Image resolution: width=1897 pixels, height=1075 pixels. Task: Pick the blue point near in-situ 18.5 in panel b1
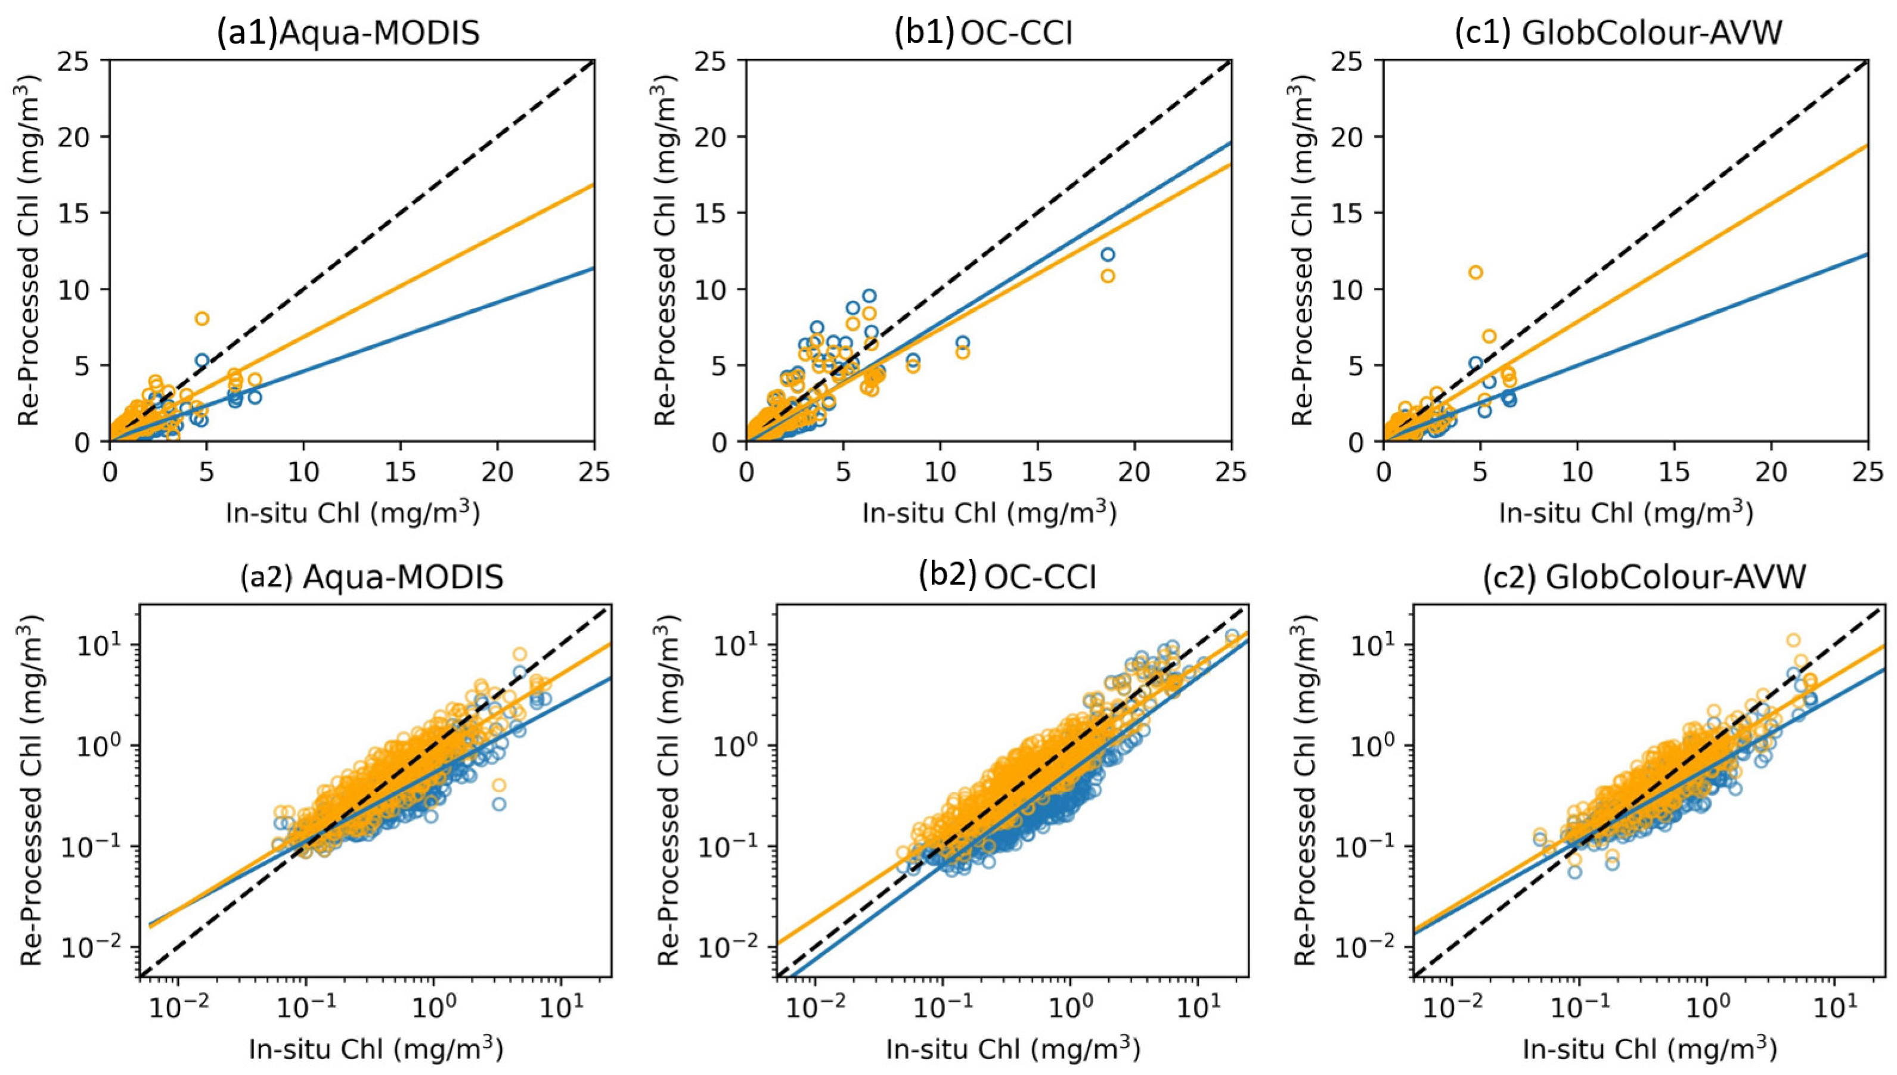pyautogui.click(x=1107, y=254)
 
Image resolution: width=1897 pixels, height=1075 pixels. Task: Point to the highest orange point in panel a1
pyautogui.click(x=202, y=318)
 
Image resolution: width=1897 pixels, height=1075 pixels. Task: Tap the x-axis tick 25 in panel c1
pyautogui.click(x=1867, y=472)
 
